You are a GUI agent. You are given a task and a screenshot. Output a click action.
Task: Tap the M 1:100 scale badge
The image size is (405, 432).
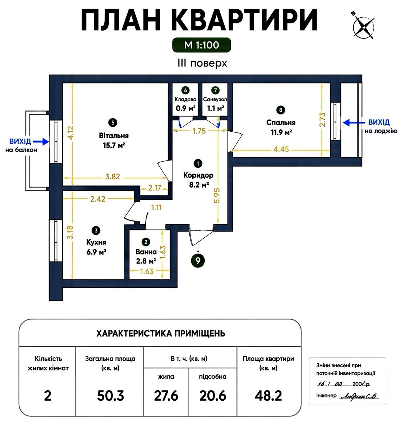[201, 45]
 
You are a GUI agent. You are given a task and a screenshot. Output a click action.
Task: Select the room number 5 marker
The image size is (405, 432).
[113, 123]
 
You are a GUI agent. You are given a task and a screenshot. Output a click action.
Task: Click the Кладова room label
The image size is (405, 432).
[185, 99]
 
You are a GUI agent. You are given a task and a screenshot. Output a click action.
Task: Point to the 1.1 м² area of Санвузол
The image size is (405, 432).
[215, 108]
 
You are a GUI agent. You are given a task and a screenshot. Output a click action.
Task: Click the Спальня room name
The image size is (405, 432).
[281, 122]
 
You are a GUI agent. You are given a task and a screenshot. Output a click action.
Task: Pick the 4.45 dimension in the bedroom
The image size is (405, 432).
[281, 149]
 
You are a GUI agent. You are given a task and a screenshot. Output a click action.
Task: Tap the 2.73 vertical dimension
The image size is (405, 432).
[322, 120]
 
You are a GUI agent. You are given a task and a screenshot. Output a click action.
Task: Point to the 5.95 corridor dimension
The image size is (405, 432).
[217, 195]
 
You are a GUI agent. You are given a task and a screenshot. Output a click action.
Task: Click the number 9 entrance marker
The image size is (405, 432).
[198, 261]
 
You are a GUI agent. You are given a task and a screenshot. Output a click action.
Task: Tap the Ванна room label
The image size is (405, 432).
[146, 252]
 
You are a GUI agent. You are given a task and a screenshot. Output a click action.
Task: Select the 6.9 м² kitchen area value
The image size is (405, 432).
[96, 252]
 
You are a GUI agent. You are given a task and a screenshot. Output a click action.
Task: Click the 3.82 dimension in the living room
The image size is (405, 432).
[112, 176]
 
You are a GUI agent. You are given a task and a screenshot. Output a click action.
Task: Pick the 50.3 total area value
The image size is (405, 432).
[111, 395]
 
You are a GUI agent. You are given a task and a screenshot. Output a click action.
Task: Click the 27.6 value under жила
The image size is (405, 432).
[166, 395]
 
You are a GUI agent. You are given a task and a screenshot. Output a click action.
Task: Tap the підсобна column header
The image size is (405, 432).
[213, 377]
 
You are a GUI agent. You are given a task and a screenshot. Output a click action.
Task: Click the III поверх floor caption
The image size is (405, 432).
[202, 63]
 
